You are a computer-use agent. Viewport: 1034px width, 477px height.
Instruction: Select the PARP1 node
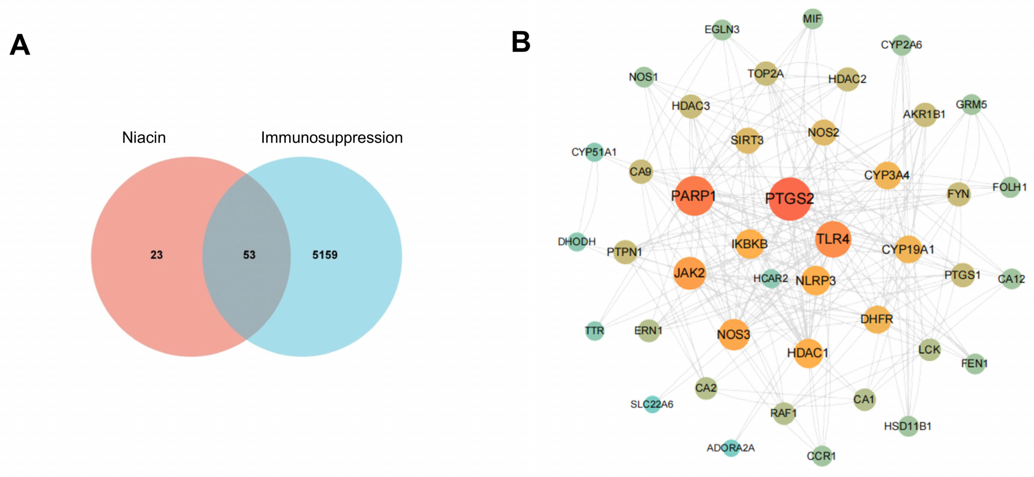point(694,196)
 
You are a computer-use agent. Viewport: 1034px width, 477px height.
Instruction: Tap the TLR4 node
point(833,239)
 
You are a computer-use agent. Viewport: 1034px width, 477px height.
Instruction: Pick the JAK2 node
point(689,273)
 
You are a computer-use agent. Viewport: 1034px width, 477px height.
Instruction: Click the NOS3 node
point(733,335)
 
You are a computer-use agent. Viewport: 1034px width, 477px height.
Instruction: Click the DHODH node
point(577,242)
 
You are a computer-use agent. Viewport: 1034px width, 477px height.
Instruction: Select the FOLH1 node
point(1009,187)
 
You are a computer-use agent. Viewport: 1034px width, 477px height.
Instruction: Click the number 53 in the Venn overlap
point(249,255)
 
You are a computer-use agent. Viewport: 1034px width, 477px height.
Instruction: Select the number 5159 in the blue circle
point(325,255)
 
